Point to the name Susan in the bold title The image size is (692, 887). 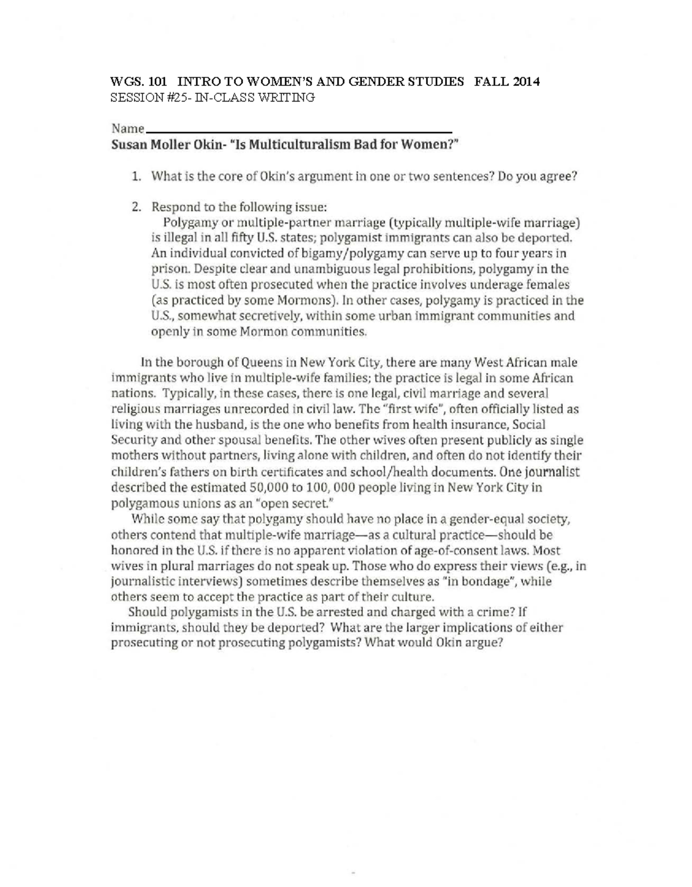(129, 145)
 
